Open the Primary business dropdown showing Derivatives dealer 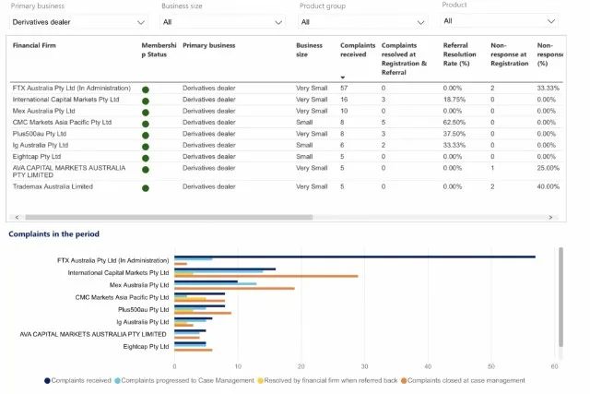78,22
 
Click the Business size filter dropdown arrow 278,22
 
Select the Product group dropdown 362,22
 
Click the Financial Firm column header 34,45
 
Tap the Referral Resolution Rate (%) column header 459,54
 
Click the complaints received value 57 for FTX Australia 344,89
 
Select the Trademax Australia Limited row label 53,186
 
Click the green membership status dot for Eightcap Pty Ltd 146,158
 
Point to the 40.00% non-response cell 549,186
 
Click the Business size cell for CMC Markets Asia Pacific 304,123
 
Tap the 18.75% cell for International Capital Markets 454,100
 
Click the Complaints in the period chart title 53,234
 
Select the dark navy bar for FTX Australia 355,257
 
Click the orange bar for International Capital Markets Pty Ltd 266,276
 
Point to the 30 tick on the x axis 364,366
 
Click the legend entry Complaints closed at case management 463,381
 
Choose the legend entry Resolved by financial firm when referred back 327,381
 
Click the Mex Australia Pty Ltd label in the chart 139,285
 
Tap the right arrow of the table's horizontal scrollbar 550,218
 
